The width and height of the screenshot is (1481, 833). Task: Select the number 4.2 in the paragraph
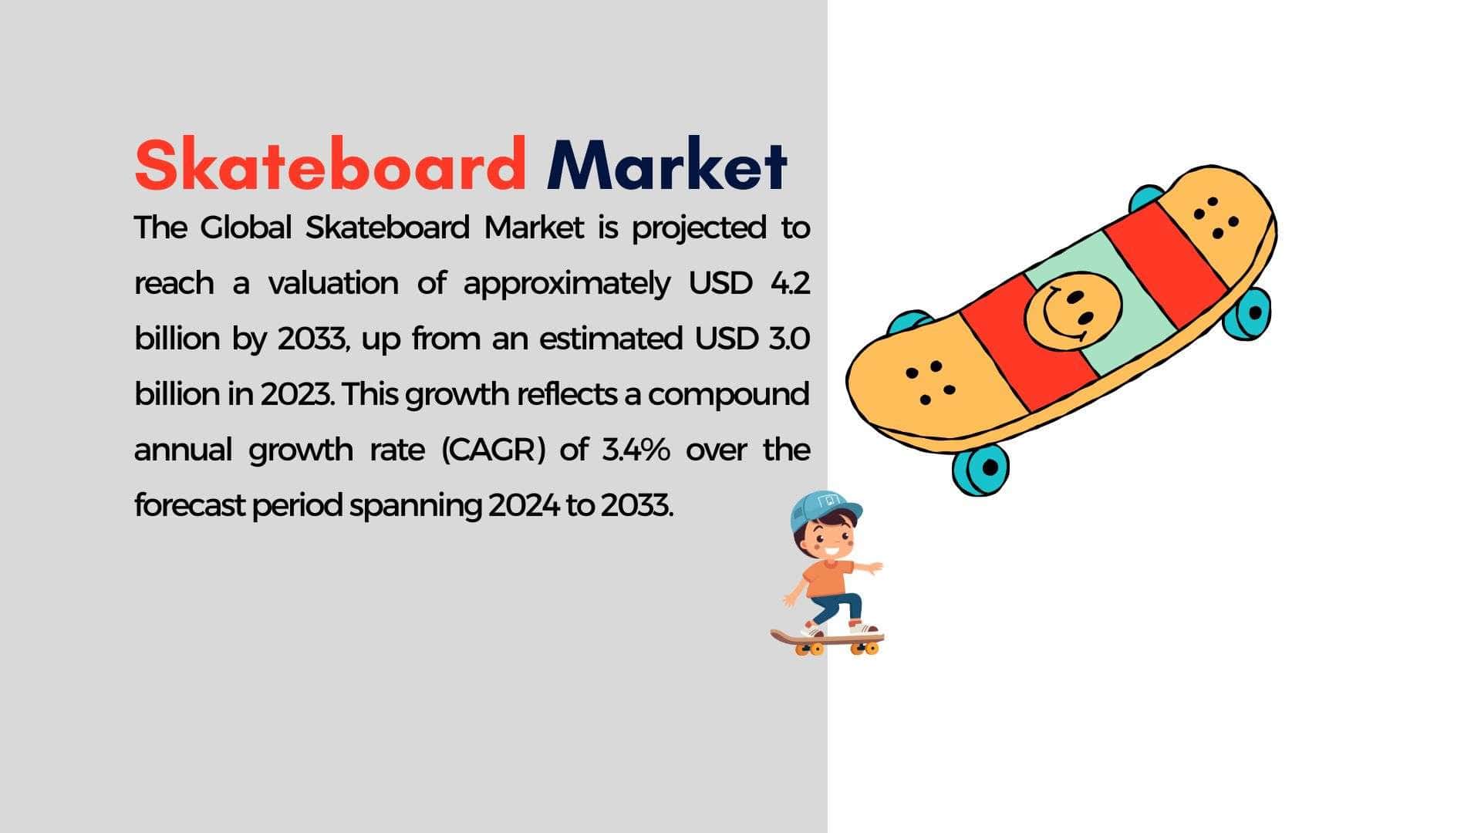click(790, 283)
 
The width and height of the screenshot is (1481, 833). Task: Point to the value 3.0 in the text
click(789, 339)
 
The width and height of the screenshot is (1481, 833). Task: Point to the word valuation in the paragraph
click(333, 283)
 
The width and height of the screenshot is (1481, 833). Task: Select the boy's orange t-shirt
click(828, 578)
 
